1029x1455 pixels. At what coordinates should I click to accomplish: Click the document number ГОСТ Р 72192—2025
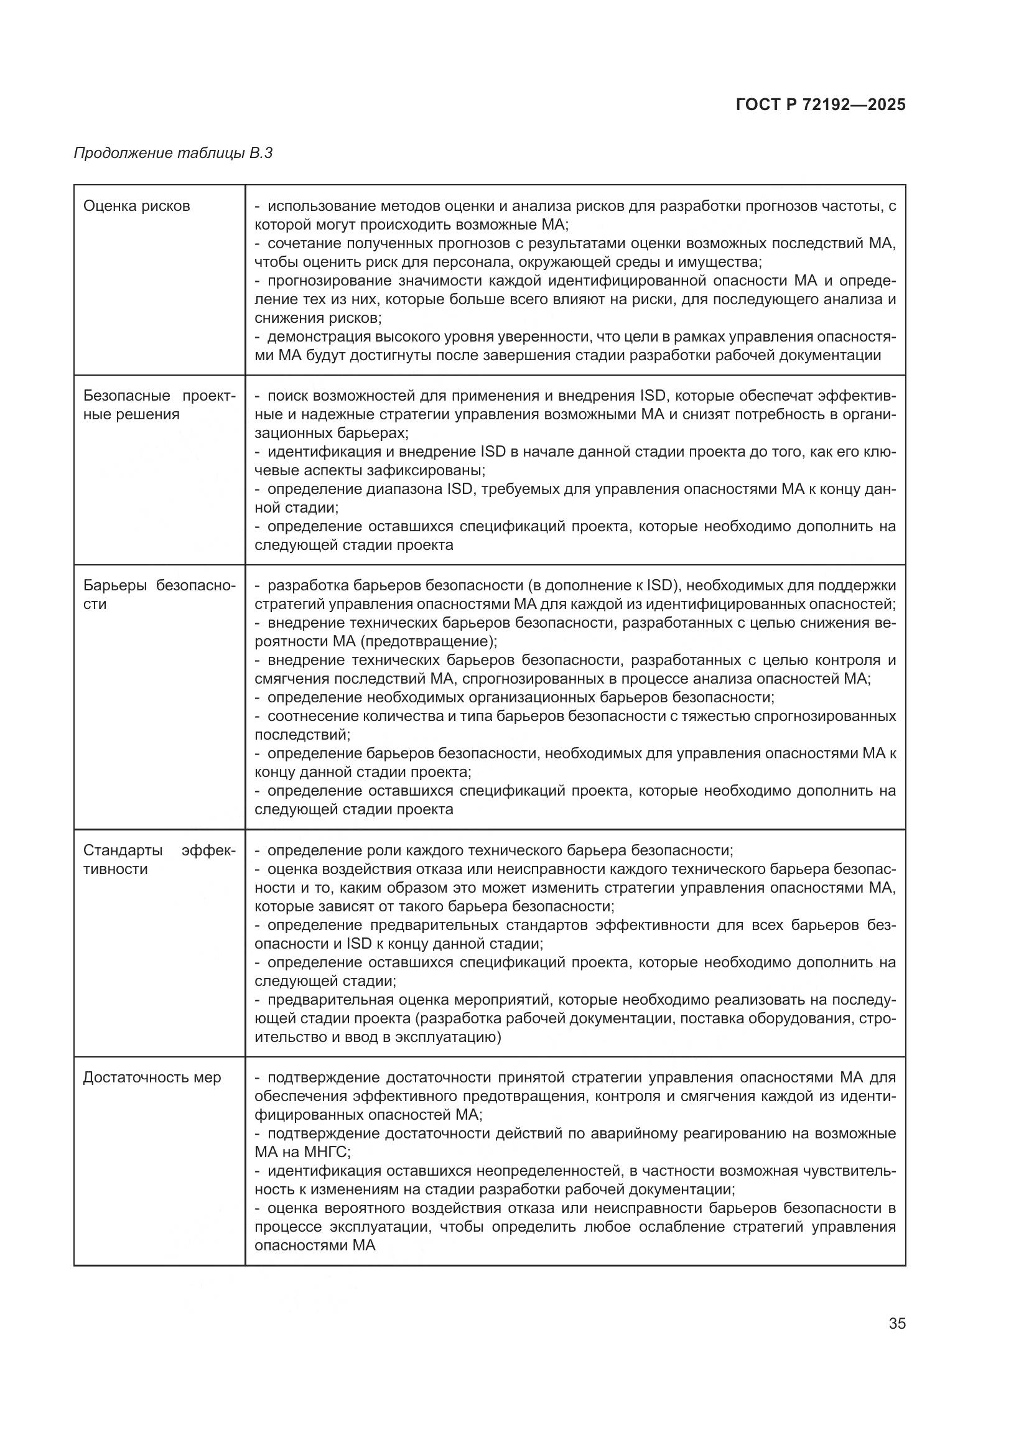[x=821, y=105]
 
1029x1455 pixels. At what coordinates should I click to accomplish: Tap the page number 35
[x=896, y=1323]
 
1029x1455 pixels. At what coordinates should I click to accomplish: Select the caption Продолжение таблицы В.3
[x=173, y=153]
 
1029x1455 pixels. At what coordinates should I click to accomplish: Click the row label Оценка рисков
[x=136, y=206]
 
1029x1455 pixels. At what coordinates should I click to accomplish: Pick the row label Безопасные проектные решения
[x=159, y=405]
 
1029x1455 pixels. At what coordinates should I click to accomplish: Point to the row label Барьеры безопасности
[x=159, y=595]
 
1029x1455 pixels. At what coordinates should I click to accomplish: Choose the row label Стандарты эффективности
[x=159, y=859]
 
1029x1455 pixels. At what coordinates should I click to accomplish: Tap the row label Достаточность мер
[x=152, y=1077]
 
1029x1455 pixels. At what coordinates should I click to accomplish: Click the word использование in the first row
[x=321, y=206]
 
